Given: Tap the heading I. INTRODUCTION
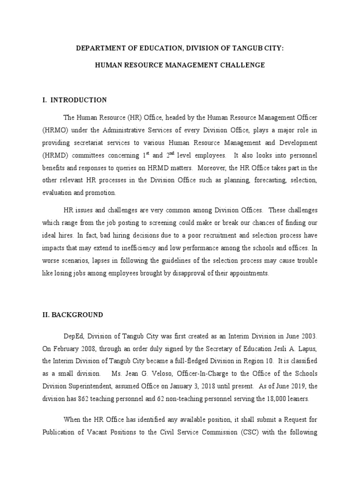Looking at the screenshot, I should (x=75, y=100).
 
